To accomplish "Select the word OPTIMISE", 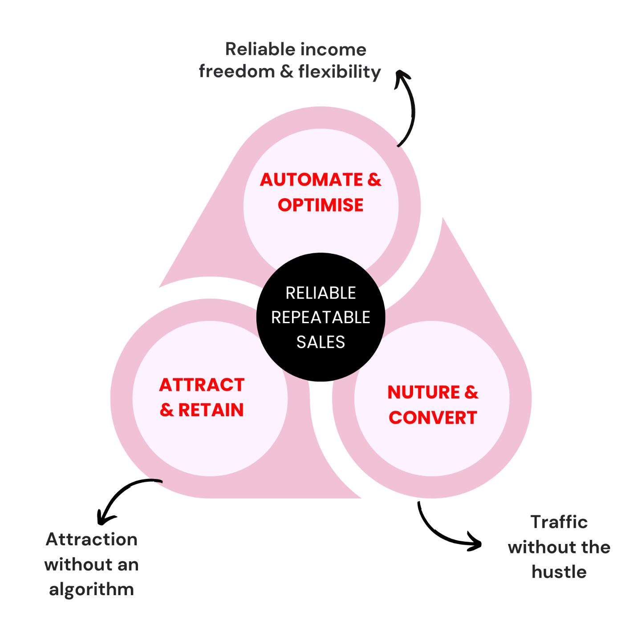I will pyautogui.click(x=320, y=205).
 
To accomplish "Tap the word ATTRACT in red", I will pyautogui.click(x=202, y=385).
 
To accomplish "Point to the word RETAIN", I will pyautogui.click(x=211, y=410).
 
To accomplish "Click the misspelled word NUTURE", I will pyautogui.click(x=424, y=393).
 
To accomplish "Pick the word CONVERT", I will pyautogui.click(x=433, y=418).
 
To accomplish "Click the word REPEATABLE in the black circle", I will pyautogui.click(x=320, y=317).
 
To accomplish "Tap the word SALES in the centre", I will pyautogui.click(x=320, y=342).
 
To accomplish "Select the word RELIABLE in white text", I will pyautogui.click(x=320, y=293).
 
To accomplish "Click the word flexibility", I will pyautogui.click(x=340, y=72).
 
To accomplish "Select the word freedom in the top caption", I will pyautogui.click(x=237, y=72).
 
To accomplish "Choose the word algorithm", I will pyautogui.click(x=91, y=589).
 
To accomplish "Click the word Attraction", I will pyautogui.click(x=92, y=540).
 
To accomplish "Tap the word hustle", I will pyautogui.click(x=559, y=572).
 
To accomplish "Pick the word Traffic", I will pyautogui.click(x=559, y=522).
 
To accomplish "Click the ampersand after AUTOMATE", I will pyautogui.click(x=374, y=180).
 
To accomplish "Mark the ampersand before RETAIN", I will pyautogui.click(x=166, y=410).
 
